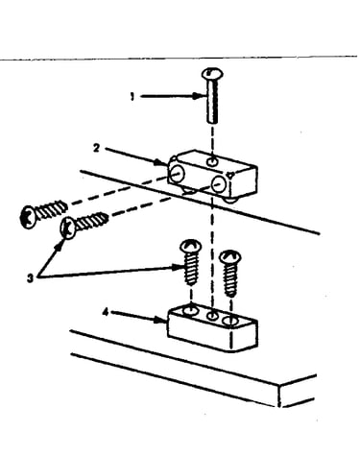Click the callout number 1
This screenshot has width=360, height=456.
pos(132,96)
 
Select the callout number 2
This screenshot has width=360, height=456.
pos(96,148)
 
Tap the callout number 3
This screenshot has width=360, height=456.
pos(30,278)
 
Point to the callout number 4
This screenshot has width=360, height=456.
pos(106,312)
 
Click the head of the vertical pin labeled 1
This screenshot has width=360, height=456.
pos(212,74)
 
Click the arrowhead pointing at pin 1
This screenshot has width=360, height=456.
pos(199,96)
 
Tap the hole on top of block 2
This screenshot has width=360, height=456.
pos(211,162)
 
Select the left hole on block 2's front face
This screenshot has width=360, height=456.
pos(177,174)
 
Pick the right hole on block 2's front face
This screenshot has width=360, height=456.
pos(218,183)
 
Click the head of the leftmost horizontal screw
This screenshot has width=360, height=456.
pos(28,217)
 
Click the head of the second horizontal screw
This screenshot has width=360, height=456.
pos(68,228)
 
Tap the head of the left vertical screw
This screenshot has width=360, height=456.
pos(191,246)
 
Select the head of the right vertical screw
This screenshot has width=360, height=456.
pos(229,257)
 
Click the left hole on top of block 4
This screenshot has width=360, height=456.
pos(192,309)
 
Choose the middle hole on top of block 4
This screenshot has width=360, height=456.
pos(211,316)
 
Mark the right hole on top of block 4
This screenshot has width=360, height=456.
pos(230,321)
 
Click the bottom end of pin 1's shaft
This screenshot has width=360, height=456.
pos(211,121)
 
